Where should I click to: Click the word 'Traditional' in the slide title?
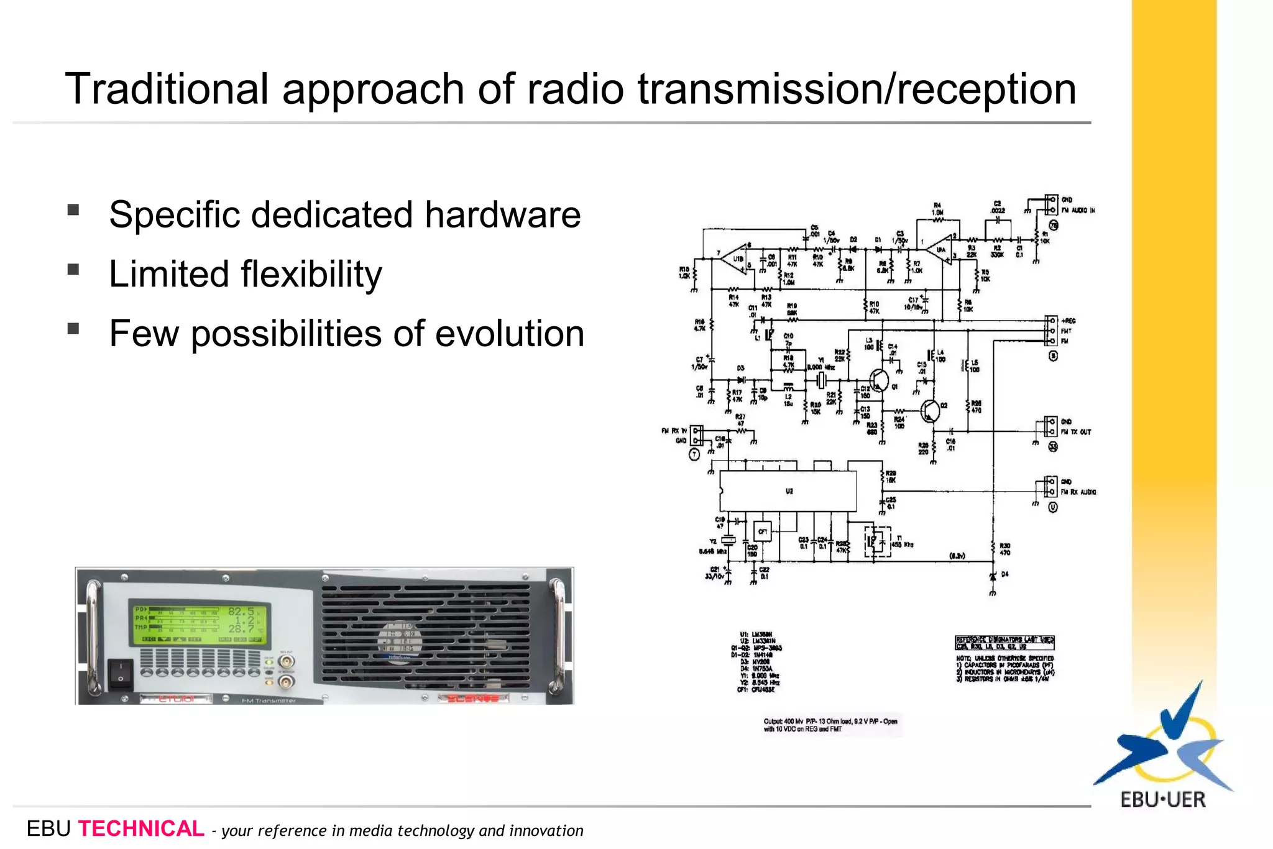pyautogui.click(x=166, y=89)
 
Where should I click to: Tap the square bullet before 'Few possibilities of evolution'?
pyautogui.click(x=73, y=329)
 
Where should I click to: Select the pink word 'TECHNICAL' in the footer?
pyautogui.click(x=141, y=828)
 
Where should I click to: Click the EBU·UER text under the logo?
pyautogui.click(x=1163, y=799)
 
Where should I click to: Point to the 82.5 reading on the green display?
pyautogui.click(x=241, y=612)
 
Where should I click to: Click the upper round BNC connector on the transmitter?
pyautogui.click(x=286, y=662)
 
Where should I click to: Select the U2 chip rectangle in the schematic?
pyautogui.click(x=788, y=491)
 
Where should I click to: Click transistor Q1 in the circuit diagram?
pyautogui.click(x=879, y=379)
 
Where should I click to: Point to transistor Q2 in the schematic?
pyautogui.click(x=930, y=410)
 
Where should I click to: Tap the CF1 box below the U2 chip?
pyautogui.click(x=762, y=531)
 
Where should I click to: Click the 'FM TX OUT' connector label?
pyautogui.click(x=1076, y=432)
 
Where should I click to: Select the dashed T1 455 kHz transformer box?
pyautogui.click(x=877, y=541)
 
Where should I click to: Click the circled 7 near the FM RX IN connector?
pyautogui.click(x=694, y=455)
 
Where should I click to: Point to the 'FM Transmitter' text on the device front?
pyautogui.click(x=269, y=700)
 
